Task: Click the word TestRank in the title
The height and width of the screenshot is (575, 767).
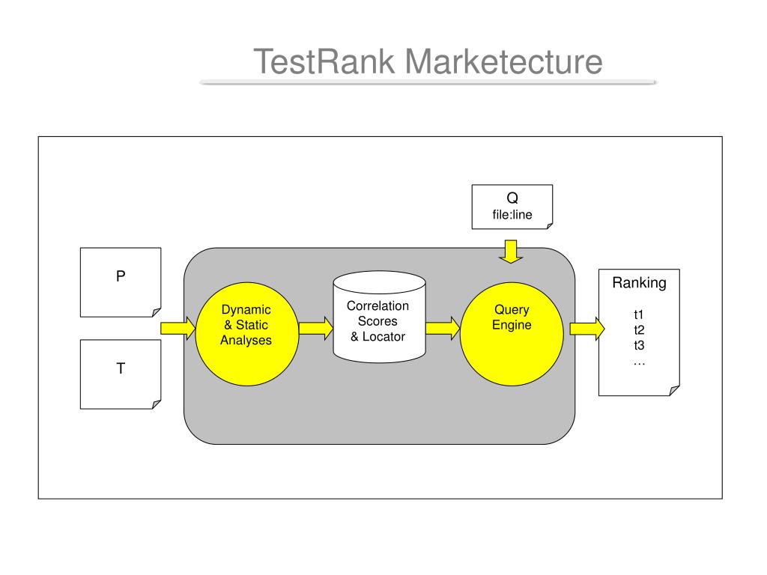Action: pyautogui.click(x=324, y=61)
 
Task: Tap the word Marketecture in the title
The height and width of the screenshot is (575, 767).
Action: pyautogui.click(x=504, y=61)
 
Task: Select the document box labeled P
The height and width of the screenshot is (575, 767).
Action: pyautogui.click(x=121, y=282)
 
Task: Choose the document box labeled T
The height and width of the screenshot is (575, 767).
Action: pyautogui.click(x=121, y=374)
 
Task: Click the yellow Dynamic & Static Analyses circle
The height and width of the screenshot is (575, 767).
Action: pyautogui.click(x=247, y=334)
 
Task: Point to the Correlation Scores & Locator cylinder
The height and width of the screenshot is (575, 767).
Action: pyautogui.click(x=379, y=317)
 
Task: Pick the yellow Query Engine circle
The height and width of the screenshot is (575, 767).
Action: pyautogui.click(x=512, y=334)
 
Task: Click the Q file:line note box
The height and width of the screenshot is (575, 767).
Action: pyautogui.click(x=512, y=207)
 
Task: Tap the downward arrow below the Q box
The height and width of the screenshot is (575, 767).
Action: pyautogui.click(x=511, y=252)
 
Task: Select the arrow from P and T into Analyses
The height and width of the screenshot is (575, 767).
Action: pyautogui.click(x=178, y=328)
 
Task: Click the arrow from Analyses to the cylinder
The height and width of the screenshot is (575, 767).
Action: pyautogui.click(x=316, y=328)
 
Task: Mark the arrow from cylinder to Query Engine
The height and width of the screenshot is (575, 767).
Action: pyautogui.click(x=443, y=328)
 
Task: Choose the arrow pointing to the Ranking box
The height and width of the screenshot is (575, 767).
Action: pyautogui.click(x=587, y=329)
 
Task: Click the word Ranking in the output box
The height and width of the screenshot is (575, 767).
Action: pyautogui.click(x=640, y=283)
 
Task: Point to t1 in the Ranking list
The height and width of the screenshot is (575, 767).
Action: pyautogui.click(x=639, y=314)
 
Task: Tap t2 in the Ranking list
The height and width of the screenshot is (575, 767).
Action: pyautogui.click(x=639, y=330)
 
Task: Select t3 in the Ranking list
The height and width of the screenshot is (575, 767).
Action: pyautogui.click(x=639, y=346)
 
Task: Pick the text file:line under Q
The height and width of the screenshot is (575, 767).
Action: pyautogui.click(x=512, y=215)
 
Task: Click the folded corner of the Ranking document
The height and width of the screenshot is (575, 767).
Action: pyautogui.click(x=674, y=390)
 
